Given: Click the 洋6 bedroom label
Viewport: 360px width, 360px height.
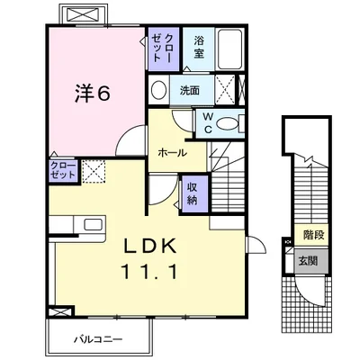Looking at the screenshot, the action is pos(92,93).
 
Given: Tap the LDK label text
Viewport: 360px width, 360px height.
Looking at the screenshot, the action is pos(150,247).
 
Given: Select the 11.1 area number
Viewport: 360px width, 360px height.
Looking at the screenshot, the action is pos(149,272).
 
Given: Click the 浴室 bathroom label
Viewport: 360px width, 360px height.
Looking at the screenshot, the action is pos(199,47).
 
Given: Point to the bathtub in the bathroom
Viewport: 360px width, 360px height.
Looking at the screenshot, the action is pos(229,49).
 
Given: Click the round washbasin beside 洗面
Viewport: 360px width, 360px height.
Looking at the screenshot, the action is pos(158,90).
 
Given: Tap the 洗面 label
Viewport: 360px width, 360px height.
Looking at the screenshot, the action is pos(190,90).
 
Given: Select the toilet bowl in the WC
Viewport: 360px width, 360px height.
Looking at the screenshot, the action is pos(227,124).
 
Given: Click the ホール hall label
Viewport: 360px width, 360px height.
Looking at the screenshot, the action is pos(172,153).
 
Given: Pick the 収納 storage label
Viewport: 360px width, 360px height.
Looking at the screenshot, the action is pos(192,193).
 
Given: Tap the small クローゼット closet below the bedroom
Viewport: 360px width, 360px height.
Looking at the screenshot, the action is pos(64,171).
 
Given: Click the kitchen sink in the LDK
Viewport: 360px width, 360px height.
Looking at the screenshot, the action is pos(94,224).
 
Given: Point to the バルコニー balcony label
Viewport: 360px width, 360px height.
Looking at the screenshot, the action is pos(98,339).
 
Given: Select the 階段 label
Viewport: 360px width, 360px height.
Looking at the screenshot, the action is pos(314,235).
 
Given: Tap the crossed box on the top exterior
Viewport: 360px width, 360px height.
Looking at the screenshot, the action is pos(83,14).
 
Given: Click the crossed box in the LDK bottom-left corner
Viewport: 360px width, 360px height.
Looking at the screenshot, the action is pos(59,311).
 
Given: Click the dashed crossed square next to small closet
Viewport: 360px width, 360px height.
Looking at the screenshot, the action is pos(94,172).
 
